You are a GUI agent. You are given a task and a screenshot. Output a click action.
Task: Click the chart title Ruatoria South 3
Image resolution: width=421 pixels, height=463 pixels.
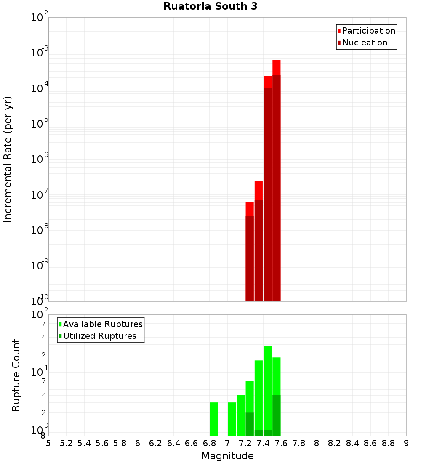tap(210, 6)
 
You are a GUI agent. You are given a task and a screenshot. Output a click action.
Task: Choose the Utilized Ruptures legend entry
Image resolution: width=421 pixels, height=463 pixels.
tap(99, 336)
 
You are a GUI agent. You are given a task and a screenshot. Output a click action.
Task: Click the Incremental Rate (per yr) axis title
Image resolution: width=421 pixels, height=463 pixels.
tap(8, 159)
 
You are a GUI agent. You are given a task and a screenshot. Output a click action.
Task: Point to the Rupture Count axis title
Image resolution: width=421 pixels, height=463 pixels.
tap(16, 375)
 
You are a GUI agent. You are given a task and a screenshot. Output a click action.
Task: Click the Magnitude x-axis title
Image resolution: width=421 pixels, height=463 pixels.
tap(227, 456)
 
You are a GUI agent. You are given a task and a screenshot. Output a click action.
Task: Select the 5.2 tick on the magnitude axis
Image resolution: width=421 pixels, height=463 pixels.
tap(66, 443)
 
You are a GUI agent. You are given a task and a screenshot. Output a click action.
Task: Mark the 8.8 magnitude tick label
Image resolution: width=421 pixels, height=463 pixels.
tap(388, 443)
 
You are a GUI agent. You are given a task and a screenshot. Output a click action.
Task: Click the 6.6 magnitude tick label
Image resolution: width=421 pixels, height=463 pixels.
tap(192, 443)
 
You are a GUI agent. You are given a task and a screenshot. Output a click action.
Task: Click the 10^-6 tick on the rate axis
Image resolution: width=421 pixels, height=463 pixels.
tap(40, 159)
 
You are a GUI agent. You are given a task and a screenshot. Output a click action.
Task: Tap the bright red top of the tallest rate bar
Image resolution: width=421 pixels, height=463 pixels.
tap(276, 67)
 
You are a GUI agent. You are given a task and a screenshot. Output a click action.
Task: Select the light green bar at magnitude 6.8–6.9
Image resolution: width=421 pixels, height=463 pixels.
tap(214, 419)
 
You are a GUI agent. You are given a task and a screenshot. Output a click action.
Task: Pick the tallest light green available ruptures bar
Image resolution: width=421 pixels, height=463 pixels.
tap(267, 387)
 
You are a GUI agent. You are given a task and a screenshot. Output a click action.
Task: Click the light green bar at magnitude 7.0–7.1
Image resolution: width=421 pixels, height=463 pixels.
tap(232, 419)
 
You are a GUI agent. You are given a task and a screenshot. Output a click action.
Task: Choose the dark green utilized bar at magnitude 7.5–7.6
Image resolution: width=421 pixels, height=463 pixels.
tap(276, 415)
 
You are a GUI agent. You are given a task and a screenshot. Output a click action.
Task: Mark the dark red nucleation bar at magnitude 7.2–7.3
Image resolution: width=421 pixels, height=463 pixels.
tap(250, 259)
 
